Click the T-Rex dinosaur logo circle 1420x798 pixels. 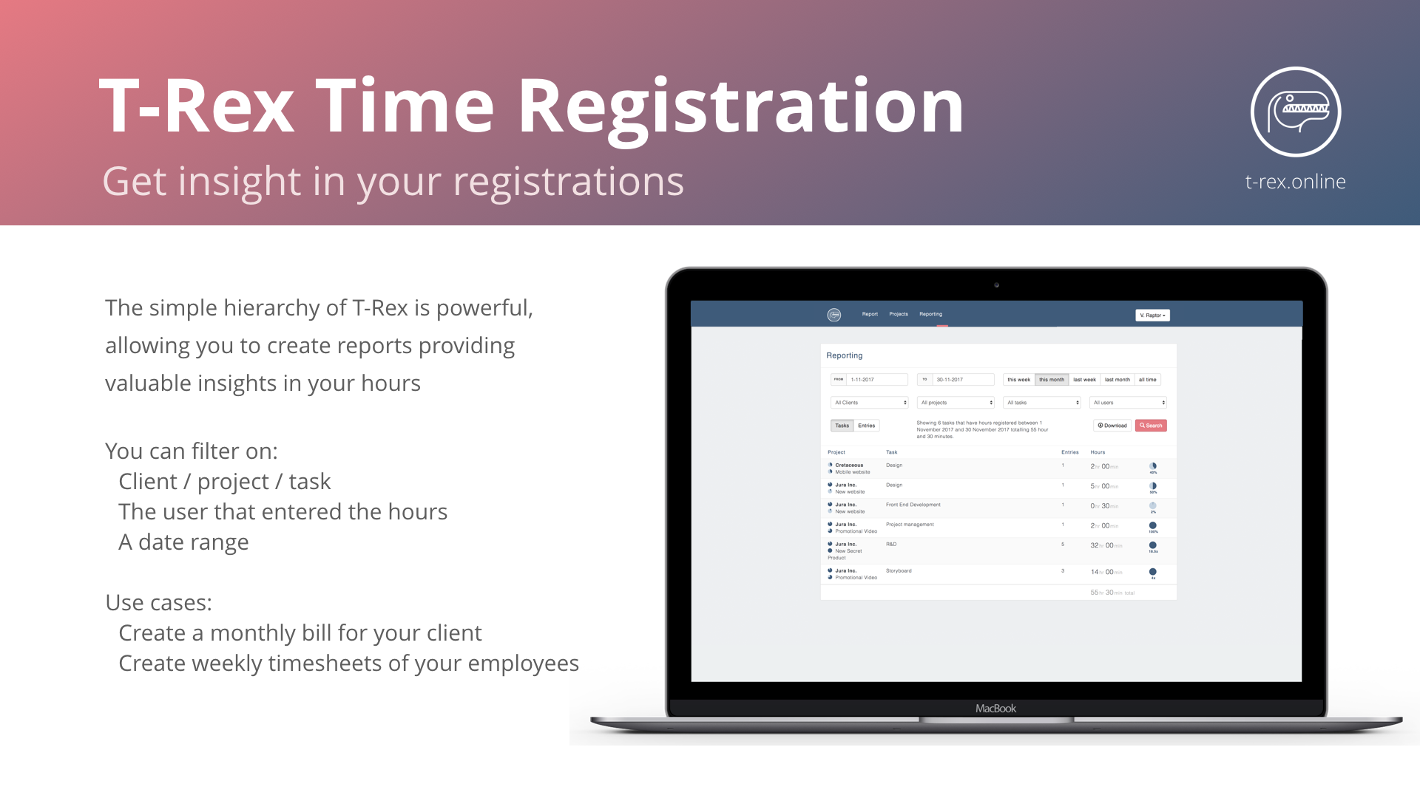pos(1295,112)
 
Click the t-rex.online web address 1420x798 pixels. pos(1295,182)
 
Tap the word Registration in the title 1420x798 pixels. pos(740,108)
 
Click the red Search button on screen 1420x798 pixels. pos(1151,426)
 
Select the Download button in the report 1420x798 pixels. pos(1112,426)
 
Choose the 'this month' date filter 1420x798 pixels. pos(1051,380)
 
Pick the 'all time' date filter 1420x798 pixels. pos(1147,380)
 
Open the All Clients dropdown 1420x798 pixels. pos(870,403)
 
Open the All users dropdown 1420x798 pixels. pos(1128,403)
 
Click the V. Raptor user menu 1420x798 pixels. pos(1152,316)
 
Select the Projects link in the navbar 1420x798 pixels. pos(898,314)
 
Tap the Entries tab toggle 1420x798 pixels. pos(867,426)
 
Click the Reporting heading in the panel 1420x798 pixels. pos(845,355)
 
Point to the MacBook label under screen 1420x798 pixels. pos(995,709)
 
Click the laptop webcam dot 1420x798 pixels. pos(996,285)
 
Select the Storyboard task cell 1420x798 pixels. pos(899,571)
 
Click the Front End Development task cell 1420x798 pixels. pos(913,505)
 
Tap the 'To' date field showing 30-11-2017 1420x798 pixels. pos(961,380)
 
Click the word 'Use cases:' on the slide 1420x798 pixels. pos(158,603)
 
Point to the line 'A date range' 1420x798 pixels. pos(183,542)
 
